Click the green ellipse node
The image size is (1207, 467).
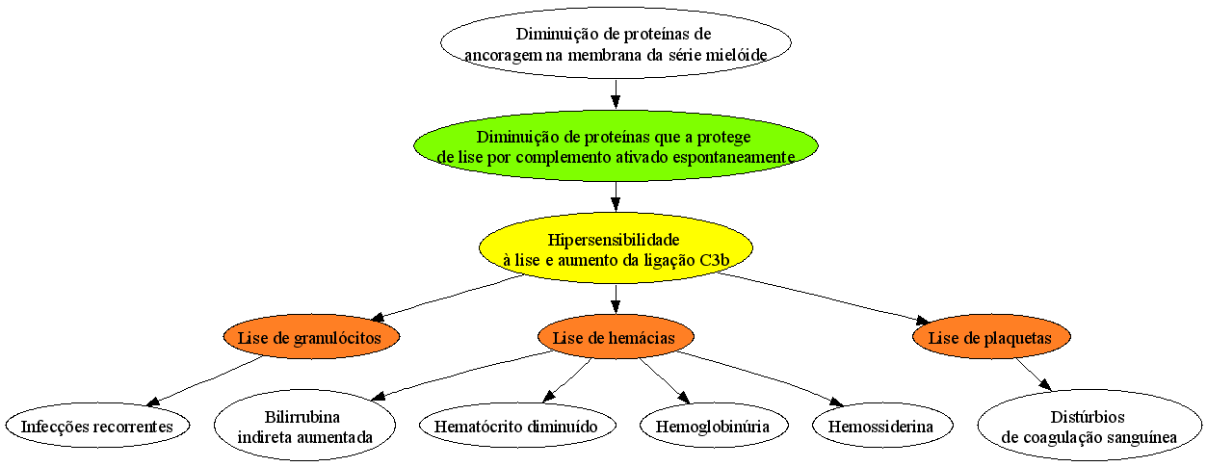(616, 146)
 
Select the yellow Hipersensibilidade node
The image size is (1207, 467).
(616, 248)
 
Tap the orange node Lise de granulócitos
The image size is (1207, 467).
(311, 337)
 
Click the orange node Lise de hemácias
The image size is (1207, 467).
(616, 337)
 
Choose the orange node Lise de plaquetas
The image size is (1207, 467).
(991, 337)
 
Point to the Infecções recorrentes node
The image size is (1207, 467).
(97, 425)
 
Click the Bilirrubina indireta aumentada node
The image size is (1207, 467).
(304, 425)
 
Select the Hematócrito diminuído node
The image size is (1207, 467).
(517, 425)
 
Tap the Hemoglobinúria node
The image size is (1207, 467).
(714, 425)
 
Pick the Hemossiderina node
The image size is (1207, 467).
(882, 425)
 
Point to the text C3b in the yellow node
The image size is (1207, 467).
(715, 260)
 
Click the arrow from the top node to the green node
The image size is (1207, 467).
(616, 93)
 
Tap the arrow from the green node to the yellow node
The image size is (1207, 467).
(616, 196)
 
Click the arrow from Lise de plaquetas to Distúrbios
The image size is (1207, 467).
(1034, 375)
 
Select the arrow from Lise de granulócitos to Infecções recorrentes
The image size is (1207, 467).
(205, 380)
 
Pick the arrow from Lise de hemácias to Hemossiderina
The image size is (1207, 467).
(760, 378)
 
